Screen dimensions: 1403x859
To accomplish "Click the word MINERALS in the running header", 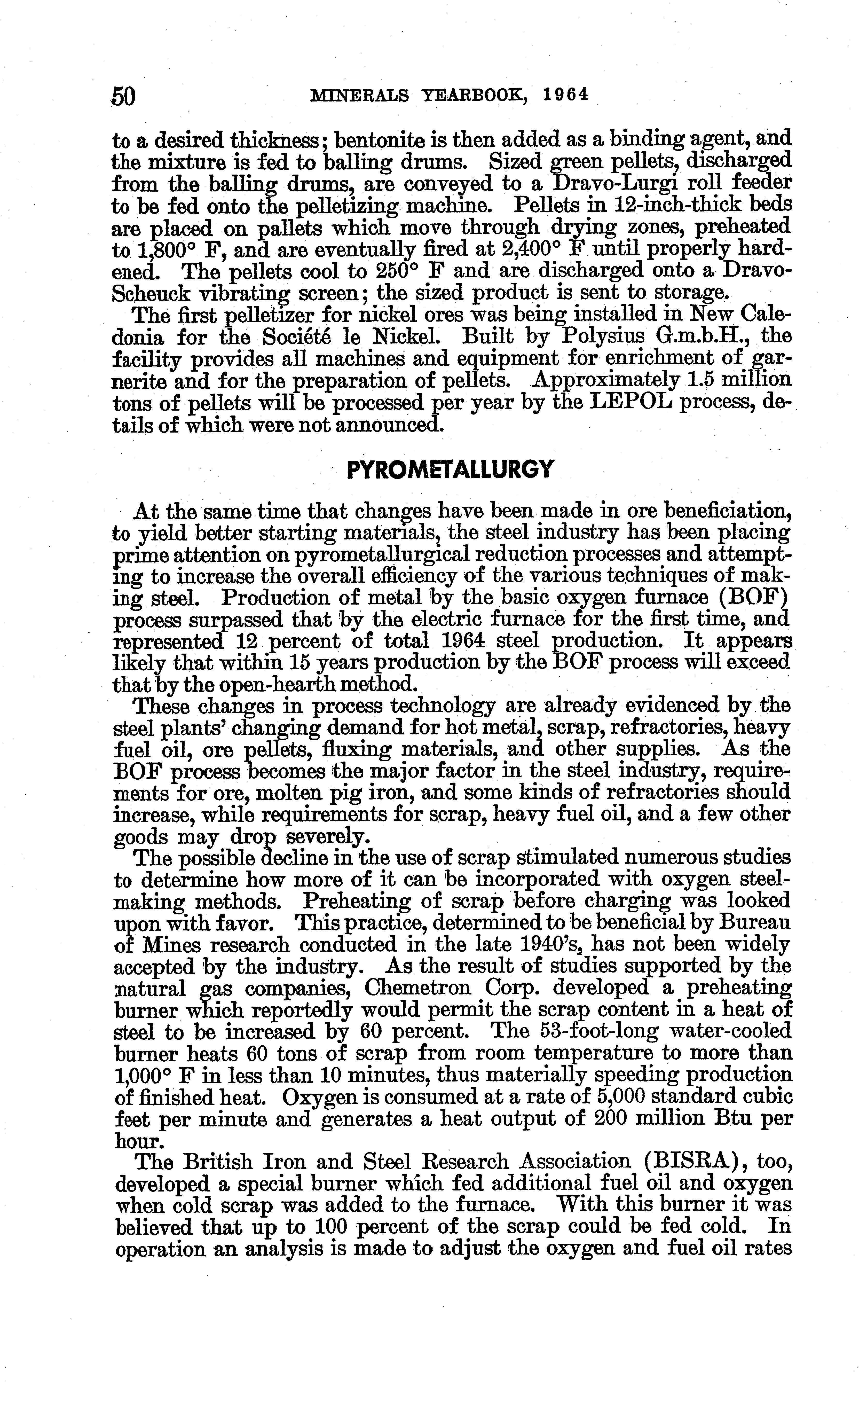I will (359, 95).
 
